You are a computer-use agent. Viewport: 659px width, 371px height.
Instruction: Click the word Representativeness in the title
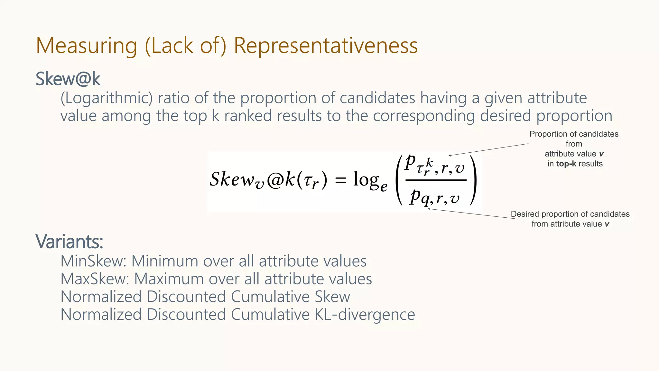(325, 45)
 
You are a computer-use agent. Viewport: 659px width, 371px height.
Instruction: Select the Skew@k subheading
(68, 79)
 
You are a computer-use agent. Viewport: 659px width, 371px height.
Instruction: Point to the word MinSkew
(93, 261)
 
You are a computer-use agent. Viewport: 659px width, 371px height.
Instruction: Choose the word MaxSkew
(94, 279)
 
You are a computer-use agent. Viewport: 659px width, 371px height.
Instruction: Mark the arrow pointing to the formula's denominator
(471, 214)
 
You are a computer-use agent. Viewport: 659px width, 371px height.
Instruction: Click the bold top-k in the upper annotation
(566, 164)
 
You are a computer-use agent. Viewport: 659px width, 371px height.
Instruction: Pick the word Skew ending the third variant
(332, 297)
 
